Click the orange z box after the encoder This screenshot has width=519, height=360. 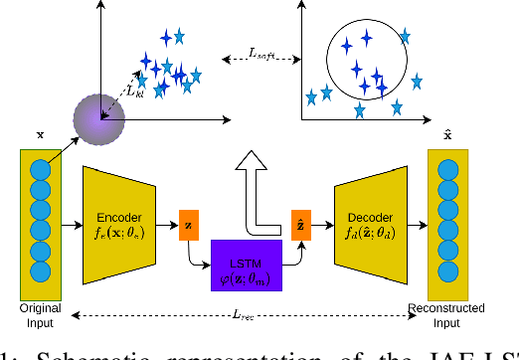coord(189,228)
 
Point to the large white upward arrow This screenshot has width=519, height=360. coord(257,189)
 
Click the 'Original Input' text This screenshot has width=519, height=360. coord(41,313)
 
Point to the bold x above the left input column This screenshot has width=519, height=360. coord(41,135)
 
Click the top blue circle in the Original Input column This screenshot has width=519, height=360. coord(41,165)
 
